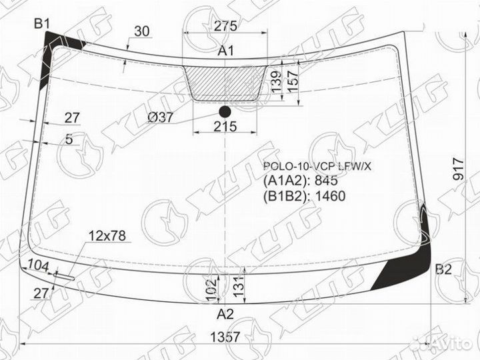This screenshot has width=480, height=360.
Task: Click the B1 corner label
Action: tap(43, 24)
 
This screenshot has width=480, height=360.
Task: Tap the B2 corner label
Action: tap(443, 270)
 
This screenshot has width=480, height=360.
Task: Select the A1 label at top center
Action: tap(225, 51)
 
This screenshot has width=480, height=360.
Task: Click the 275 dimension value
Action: tap(225, 27)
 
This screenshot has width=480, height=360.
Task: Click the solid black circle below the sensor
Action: tap(225, 111)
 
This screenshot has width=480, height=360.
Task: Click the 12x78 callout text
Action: tap(107, 235)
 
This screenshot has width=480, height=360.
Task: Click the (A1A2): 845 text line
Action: tap(301, 181)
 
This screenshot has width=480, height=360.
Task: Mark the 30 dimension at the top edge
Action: tap(141, 31)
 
